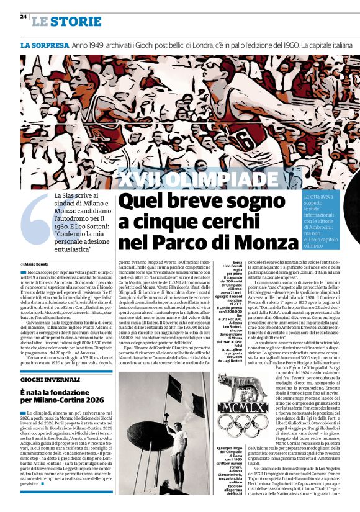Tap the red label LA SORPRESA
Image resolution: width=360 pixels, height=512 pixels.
tap(43, 46)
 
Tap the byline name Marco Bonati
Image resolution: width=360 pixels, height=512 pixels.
tap(43, 264)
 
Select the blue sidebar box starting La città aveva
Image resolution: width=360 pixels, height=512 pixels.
tap(322, 220)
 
